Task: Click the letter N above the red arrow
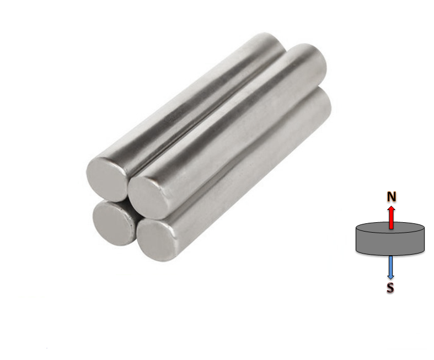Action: click(391, 197)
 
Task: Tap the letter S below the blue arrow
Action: click(390, 287)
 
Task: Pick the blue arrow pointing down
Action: click(390, 267)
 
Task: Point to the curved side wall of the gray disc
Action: click(389, 245)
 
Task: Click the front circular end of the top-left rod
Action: click(108, 178)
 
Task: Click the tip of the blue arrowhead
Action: click(390, 278)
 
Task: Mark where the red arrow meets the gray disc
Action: click(391, 228)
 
